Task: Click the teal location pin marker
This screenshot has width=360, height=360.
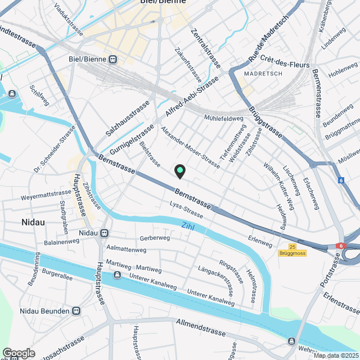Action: (179, 170)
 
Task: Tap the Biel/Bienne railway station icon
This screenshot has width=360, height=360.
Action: (113, 59)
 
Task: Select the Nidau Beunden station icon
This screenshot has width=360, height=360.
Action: (77, 311)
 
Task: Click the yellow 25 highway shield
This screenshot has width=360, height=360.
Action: (292, 246)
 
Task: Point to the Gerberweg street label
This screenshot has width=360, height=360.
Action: (155, 238)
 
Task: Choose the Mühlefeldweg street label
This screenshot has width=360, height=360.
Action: (223, 119)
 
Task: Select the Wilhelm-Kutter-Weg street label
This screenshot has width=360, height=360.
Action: (278, 183)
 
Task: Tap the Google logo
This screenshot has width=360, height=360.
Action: (19, 353)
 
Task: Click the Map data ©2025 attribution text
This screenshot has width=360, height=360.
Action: (336, 355)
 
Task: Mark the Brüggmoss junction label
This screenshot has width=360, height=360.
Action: (292, 254)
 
